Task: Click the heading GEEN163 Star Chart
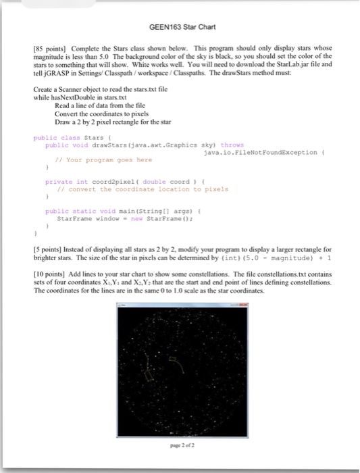click(178, 28)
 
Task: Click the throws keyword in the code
click(232, 144)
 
